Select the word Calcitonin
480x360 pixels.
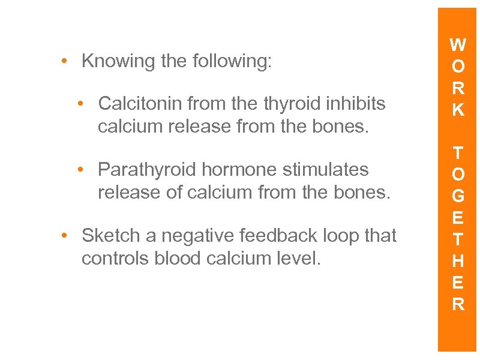[x=140, y=104]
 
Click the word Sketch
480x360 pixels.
[x=110, y=236]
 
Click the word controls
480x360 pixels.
[x=111, y=259]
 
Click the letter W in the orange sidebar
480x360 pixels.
[x=458, y=46]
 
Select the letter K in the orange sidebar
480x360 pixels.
[x=458, y=110]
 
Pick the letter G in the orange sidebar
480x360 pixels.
[x=458, y=196]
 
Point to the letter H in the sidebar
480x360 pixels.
[x=458, y=261]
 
